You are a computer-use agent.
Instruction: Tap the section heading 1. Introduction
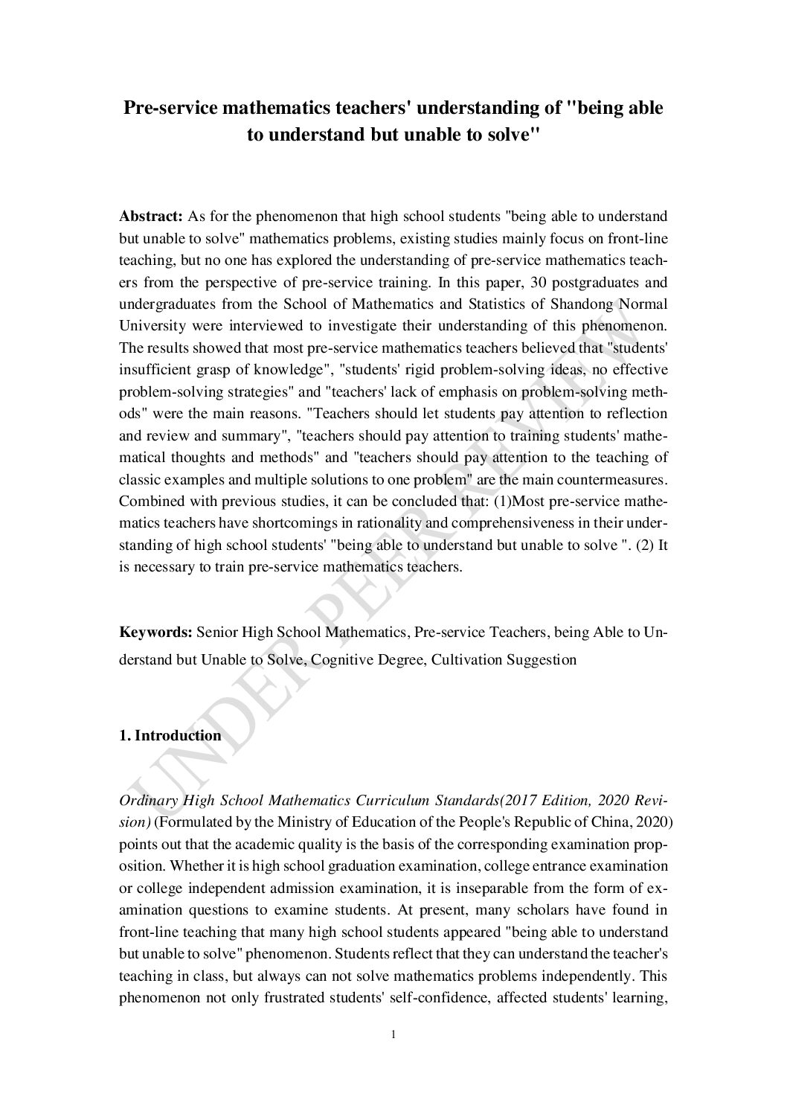point(170,736)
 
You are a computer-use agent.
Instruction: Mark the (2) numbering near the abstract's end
point(648,545)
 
